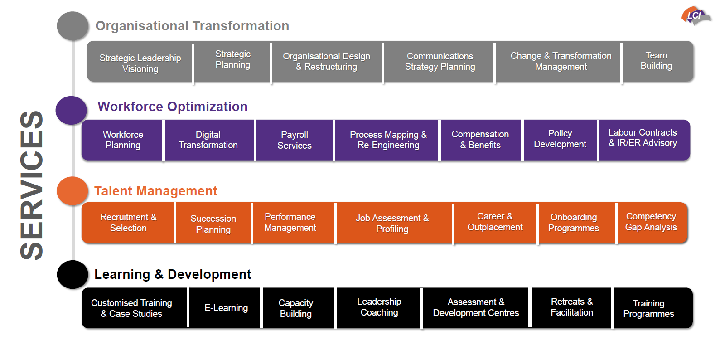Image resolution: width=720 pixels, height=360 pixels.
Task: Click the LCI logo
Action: tap(695, 16)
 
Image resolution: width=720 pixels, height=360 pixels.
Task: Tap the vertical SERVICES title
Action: tap(32, 185)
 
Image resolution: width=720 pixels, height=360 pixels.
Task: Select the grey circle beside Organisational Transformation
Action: tap(72, 26)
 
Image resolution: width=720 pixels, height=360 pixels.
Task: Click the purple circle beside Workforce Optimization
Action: tap(71, 110)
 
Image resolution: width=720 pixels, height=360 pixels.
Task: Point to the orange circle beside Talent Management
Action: tap(72, 191)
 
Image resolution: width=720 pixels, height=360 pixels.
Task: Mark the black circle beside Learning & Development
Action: tap(72, 274)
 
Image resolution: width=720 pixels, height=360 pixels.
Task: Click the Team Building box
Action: tap(656, 61)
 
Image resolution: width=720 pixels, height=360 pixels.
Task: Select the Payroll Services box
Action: tap(295, 140)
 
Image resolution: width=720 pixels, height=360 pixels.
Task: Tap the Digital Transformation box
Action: tap(208, 140)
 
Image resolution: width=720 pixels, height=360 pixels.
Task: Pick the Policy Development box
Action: tap(560, 139)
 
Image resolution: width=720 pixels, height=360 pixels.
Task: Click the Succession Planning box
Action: tap(213, 224)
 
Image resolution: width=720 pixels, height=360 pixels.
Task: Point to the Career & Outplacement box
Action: tap(495, 222)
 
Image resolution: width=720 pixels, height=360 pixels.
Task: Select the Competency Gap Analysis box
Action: tap(651, 222)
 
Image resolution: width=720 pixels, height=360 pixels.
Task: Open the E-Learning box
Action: tap(226, 308)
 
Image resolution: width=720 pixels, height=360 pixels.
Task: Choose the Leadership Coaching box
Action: tap(379, 307)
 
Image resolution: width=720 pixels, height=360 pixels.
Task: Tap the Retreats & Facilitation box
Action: tap(572, 307)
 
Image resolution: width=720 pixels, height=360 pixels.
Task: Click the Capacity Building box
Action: tap(296, 308)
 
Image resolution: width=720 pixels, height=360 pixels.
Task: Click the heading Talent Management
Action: tap(156, 191)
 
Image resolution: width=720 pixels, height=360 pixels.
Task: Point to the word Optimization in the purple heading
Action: tap(208, 107)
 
